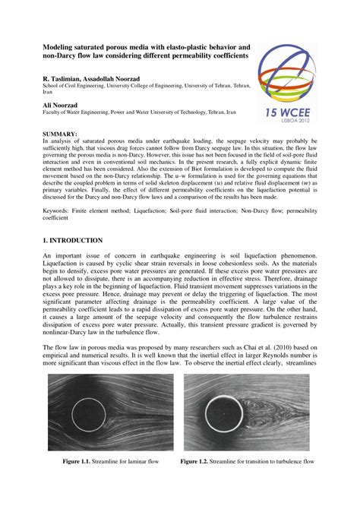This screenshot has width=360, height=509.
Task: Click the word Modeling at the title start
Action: pyautogui.click(x=62, y=46)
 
